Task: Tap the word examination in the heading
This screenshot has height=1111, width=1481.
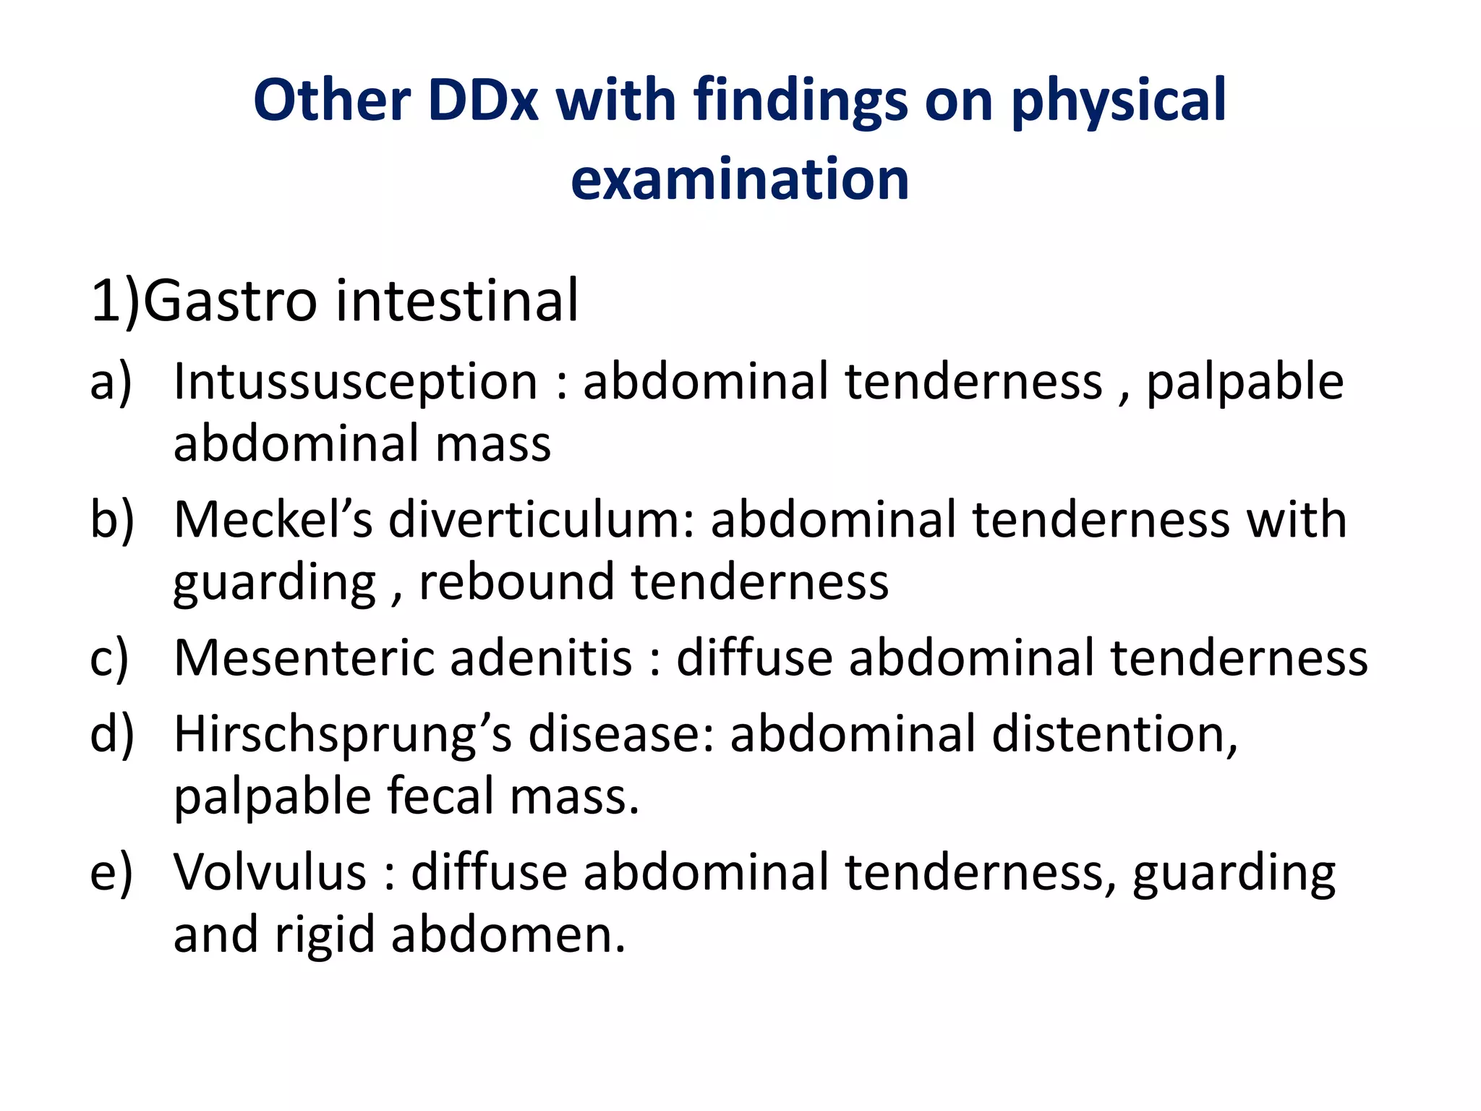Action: (x=739, y=179)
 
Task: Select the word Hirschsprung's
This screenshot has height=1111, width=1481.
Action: (x=343, y=735)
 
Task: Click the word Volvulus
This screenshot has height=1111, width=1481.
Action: (x=270, y=872)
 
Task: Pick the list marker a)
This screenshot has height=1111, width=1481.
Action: (x=111, y=381)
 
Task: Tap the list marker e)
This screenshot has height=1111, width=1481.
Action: (x=111, y=872)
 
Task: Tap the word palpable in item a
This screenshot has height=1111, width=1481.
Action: (x=1245, y=381)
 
